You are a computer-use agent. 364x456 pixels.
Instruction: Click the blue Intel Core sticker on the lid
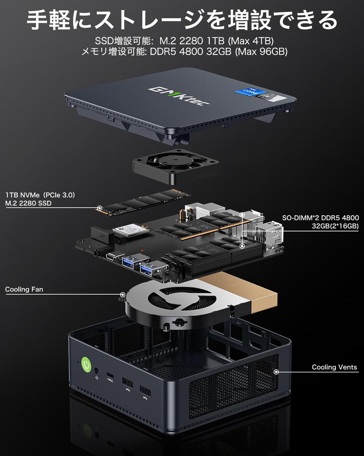251,94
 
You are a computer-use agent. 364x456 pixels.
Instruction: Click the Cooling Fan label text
24,289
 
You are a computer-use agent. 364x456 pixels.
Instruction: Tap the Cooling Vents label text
334,367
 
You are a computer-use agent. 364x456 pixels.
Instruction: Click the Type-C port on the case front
110,375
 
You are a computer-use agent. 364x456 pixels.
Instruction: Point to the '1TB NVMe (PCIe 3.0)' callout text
40,195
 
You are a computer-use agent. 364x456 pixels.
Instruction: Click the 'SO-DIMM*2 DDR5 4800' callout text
320,218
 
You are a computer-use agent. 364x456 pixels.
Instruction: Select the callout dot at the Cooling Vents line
276,371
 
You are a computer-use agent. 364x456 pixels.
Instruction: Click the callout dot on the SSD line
100,208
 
